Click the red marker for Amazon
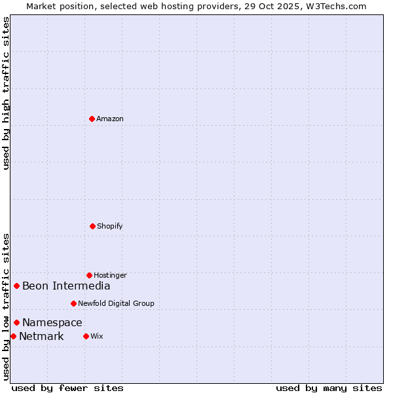92,119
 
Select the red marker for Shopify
92,226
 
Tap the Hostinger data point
89,275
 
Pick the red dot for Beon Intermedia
16,286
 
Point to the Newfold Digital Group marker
73,303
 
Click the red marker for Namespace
16,322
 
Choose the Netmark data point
13,336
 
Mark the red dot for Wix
86,336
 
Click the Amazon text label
110,119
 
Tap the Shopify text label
110,226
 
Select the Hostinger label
110,275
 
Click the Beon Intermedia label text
66,286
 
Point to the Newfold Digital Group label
116,303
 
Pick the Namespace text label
52,322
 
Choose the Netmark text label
41,337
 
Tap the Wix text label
97,336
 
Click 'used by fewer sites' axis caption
67,388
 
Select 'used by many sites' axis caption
329,388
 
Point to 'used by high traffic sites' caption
6,93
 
